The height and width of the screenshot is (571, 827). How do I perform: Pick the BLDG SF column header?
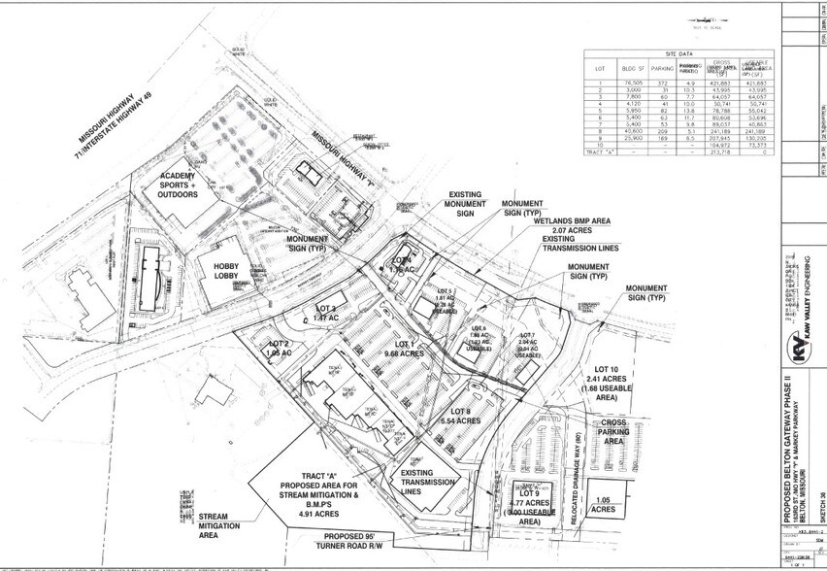[636, 68]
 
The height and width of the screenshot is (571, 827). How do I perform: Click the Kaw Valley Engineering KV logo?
[797, 350]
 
